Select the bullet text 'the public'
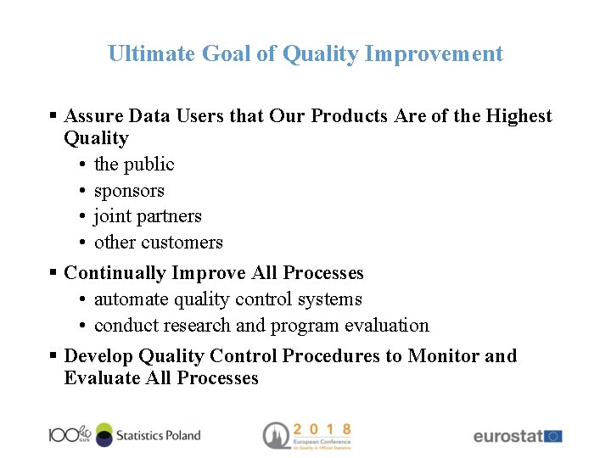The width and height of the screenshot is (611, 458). coord(134,165)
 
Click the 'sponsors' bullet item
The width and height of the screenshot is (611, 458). coord(129,191)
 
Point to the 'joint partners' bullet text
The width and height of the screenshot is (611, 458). coord(148,216)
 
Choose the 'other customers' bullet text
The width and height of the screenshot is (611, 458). coord(159,243)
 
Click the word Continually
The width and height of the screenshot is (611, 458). coord(115,273)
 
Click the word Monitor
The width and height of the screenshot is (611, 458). coord(443,356)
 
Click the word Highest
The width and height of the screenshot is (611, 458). coord(519,116)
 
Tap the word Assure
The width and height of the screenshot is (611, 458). coord(92,116)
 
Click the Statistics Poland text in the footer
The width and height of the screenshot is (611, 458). coord(158,435)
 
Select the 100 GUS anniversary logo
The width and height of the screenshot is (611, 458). coord(70,434)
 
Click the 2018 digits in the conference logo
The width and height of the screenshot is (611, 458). coord(323,429)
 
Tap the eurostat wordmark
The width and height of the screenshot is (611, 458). coord(507,436)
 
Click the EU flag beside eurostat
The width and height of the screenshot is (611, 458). coord(553,436)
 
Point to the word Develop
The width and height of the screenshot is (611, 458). coord(98,356)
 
